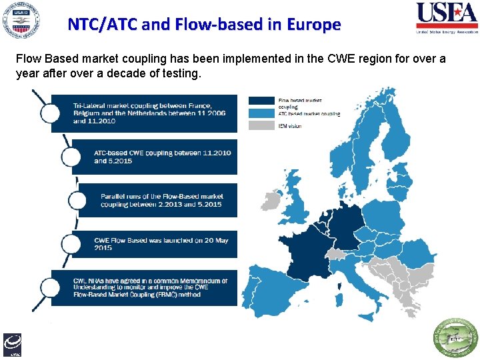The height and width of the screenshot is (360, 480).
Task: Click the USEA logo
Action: [447, 18]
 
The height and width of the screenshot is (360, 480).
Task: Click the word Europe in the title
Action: [314, 25]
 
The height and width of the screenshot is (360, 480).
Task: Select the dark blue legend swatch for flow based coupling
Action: [261, 101]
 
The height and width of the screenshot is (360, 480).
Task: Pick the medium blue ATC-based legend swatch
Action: [261, 113]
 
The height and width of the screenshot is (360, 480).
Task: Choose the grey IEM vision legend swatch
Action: [261, 125]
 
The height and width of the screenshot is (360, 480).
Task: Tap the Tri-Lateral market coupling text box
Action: [144, 113]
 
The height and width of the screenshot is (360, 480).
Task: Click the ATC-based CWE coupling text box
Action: [154, 157]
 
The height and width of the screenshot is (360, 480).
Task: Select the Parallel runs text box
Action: [154, 201]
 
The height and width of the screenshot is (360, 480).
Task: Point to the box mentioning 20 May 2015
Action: [154, 244]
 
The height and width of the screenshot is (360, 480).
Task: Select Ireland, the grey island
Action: [269, 200]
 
